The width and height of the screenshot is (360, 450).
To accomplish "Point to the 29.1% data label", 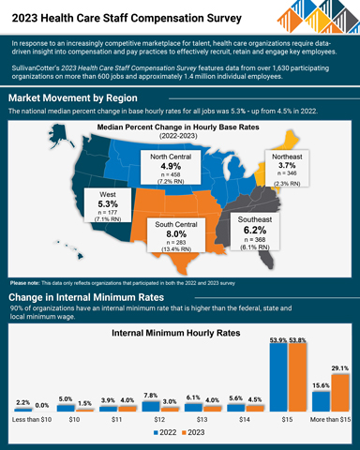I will pyautogui.click(x=340, y=368).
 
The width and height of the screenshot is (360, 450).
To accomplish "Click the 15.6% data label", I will pyautogui.click(x=320, y=386).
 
